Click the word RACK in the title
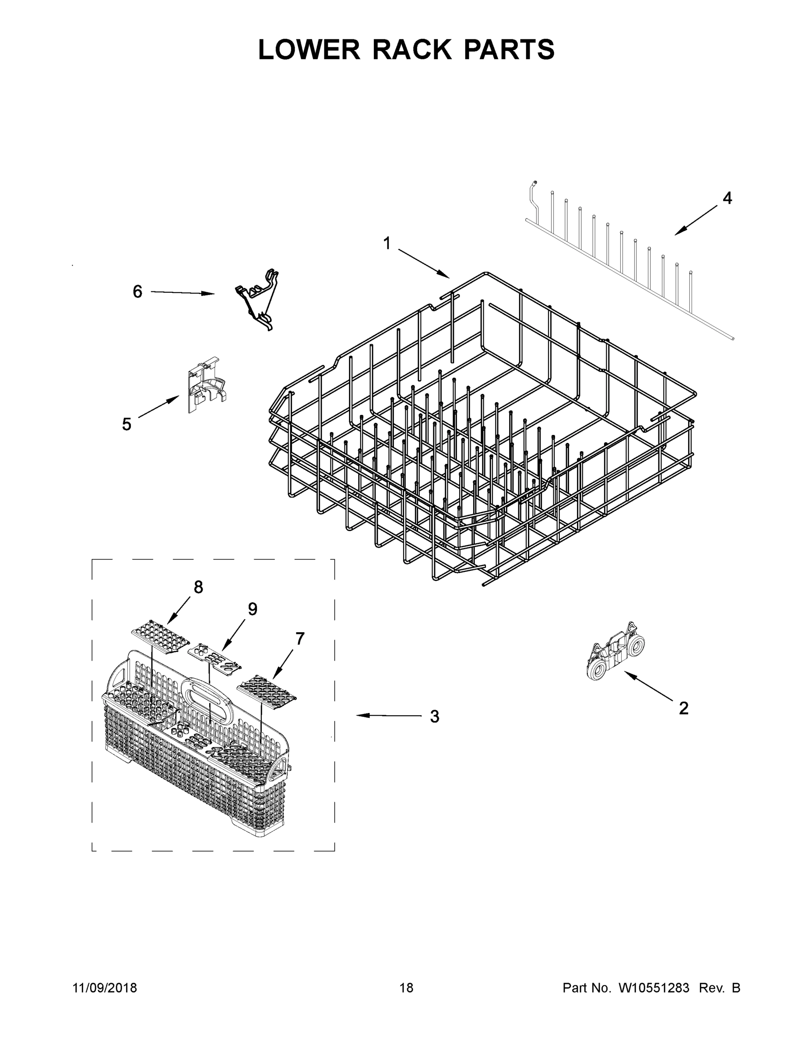(x=412, y=50)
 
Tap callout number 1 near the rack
(x=387, y=244)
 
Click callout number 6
(x=137, y=291)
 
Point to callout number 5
(x=127, y=424)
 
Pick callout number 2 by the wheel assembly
(x=683, y=708)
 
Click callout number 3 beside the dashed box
(x=434, y=730)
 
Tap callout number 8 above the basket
(x=198, y=587)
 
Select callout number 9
(x=253, y=609)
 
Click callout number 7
(x=300, y=639)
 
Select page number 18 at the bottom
(x=406, y=988)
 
